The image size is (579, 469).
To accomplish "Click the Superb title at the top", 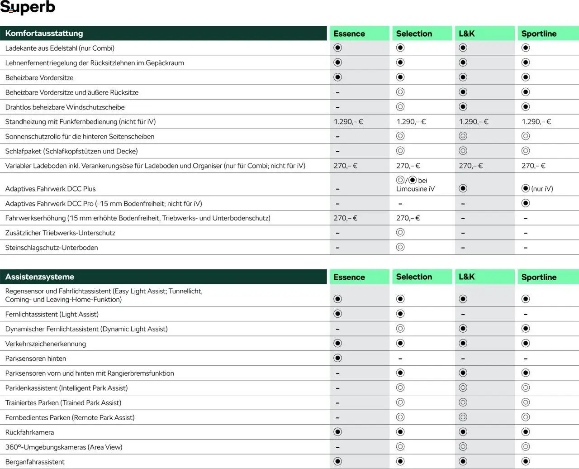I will [28, 7].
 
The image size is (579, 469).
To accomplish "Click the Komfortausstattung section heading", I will [44, 33].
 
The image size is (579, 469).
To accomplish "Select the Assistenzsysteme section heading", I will [39, 277].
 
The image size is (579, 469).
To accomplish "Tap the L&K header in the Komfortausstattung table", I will [466, 33].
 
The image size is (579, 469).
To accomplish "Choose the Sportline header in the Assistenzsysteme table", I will [538, 277].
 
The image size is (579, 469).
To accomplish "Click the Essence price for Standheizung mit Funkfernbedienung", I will [348, 121].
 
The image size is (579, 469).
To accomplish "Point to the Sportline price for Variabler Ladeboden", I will [533, 166].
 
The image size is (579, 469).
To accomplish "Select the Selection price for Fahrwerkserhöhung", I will [408, 218].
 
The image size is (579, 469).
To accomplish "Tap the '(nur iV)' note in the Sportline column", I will [542, 189].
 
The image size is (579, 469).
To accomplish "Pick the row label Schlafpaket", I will [71, 151].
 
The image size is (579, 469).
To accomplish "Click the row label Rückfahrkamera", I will [29, 432].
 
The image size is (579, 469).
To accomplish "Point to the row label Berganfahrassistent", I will [35, 462].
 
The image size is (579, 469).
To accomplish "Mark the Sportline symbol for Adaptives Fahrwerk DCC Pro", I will [525, 203].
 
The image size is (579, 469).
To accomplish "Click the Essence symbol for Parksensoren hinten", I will [337, 358].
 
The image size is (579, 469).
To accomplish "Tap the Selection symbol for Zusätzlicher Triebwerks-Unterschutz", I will [400, 233].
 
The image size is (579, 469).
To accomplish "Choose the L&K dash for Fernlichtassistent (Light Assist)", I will [463, 314].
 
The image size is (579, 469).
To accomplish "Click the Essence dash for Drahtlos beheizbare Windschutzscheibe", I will [337, 107].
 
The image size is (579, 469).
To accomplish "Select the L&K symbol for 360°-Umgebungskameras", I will [463, 447].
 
